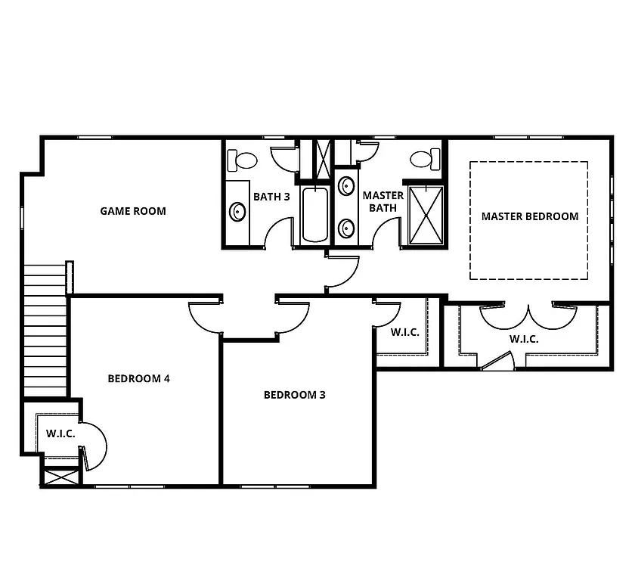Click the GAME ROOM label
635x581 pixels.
[132, 211]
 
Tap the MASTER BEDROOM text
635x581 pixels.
[529, 216]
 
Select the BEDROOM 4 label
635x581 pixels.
[138, 378]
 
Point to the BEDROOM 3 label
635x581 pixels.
[294, 395]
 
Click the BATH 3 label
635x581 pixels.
[271, 197]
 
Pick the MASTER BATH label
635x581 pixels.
[383, 201]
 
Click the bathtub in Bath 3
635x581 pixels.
[314, 215]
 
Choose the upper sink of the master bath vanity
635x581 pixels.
[347, 185]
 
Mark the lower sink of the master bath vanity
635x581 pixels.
[347, 227]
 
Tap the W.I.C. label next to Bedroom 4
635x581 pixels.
[60, 433]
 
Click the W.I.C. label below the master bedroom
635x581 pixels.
[523, 339]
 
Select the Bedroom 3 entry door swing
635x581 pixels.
[293, 314]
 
